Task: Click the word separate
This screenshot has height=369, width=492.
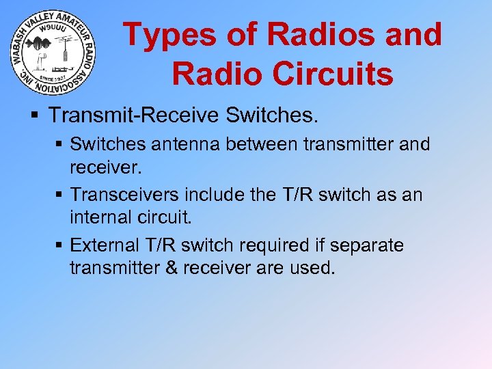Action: (x=370, y=245)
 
